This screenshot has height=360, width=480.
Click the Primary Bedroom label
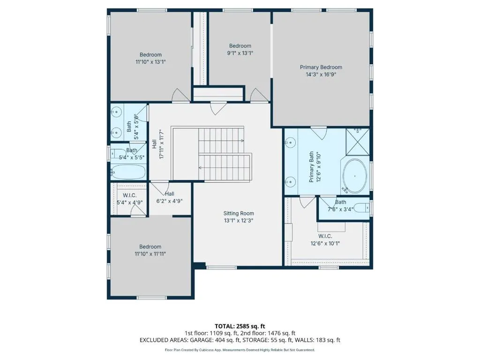tap(321, 67)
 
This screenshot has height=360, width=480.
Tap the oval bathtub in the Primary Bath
tap(355, 176)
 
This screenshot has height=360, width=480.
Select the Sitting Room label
tap(239, 213)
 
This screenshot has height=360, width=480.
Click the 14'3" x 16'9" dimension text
tap(321, 74)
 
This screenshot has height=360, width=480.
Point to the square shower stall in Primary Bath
tap(358, 142)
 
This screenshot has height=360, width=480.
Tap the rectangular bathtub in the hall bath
tap(128, 172)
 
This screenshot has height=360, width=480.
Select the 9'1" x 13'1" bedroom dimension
tap(240, 53)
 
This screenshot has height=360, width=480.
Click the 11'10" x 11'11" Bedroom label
tap(150, 247)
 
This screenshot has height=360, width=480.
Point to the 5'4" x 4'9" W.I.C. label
tap(130, 195)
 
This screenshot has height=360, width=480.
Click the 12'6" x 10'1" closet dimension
tap(325, 243)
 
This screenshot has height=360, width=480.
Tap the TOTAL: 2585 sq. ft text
tap(240, 326)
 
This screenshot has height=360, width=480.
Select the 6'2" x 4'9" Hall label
tap(170, 194)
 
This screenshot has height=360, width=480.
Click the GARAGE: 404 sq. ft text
tap(216, 340)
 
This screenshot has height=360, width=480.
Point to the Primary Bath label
tap(311, 167)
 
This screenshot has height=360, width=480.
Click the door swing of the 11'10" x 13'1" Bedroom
tap(180, 95)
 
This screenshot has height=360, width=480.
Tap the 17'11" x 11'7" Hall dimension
tap(162, 144)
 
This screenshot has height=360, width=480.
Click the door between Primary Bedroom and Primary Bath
tap(319, 133)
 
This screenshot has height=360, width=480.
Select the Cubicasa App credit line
tap(240, 350)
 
